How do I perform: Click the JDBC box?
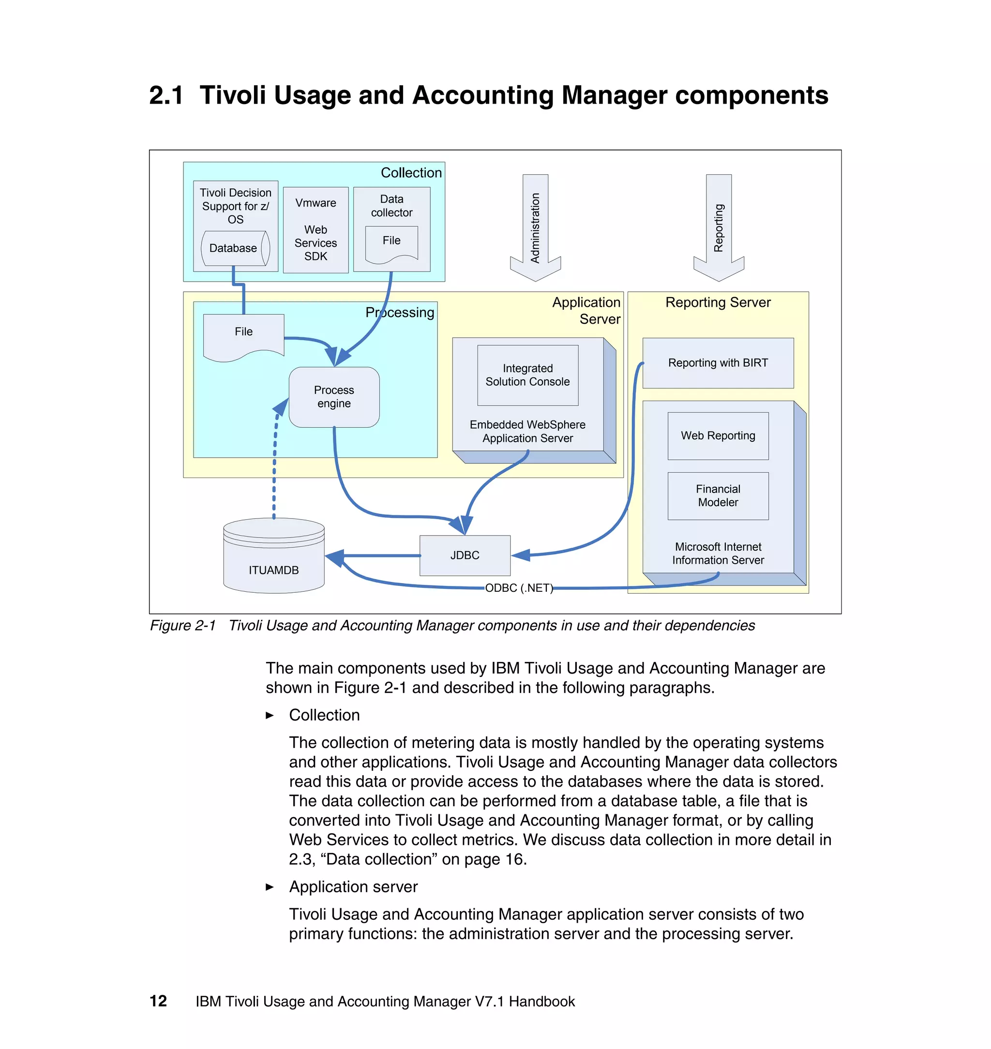point(465,555)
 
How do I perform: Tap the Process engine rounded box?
point(334,397)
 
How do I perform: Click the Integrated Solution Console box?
point(527,375)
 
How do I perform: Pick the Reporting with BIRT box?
point(718,363)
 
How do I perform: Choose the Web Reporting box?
point(718,436)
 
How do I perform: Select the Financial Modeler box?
point(718,495)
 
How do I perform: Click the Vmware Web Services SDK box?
point(315,230)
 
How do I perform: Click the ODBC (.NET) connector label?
point(519,588)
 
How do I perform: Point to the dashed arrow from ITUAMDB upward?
point(274,465)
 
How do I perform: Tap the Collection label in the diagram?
point(411,173)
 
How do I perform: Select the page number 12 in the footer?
point(158,1001)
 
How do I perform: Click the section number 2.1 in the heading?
point(166,96)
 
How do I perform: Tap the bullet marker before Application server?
point(270,887)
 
